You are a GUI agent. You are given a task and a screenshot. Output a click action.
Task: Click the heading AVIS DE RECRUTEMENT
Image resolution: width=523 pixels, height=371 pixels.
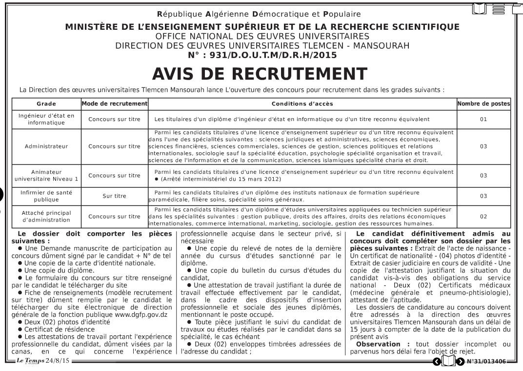tap(260, 74)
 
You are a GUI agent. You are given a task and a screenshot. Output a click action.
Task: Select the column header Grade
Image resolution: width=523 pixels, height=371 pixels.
tap(46, 103)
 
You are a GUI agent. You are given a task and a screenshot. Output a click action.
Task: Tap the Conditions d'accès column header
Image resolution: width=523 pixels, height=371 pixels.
tap(302, 103)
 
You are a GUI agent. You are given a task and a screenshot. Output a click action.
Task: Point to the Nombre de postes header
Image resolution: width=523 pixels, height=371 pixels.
tap(483, 103)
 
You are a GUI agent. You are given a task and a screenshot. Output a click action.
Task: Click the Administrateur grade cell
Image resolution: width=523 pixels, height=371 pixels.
tap(46, 146)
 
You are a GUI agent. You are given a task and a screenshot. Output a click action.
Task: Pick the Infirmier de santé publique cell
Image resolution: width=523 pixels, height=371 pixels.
tap(46, 196)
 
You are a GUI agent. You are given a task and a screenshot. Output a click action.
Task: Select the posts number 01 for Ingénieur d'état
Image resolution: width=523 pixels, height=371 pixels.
tap(483, 119)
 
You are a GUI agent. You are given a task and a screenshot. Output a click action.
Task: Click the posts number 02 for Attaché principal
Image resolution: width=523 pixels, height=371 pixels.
tap(483, 216)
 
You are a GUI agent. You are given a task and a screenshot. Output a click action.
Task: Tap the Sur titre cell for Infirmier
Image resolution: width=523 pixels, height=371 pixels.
tap(114, 196)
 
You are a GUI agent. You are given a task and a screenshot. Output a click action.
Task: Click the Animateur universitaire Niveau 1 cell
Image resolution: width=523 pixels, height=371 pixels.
tap(46, 176)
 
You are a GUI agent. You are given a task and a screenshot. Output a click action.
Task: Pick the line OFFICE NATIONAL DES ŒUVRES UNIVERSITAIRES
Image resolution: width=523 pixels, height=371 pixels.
tap(262, 37)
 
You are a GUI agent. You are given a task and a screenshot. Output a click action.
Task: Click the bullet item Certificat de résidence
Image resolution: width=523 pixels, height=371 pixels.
tap(59, 330)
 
